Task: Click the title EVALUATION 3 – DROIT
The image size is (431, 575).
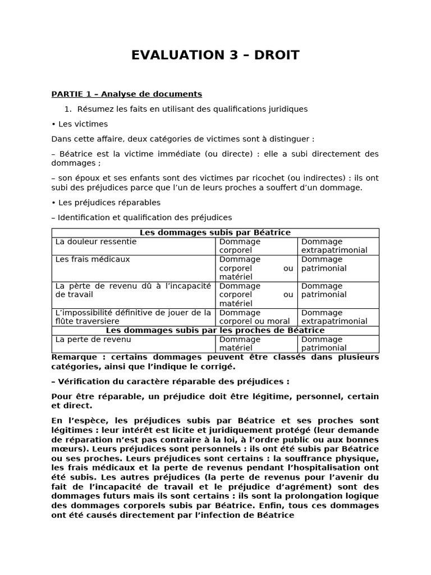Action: (215, 55)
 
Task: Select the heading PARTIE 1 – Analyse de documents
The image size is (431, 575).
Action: (126, 94)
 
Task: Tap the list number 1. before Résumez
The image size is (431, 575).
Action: (70, 109)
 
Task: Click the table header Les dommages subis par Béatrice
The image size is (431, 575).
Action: (215, 232)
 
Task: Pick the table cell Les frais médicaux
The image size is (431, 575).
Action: (93, 259)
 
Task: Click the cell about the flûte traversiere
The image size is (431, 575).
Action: (133, 317)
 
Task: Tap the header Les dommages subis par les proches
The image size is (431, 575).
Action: (215, 330)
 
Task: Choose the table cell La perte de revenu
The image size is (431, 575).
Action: (93, 339)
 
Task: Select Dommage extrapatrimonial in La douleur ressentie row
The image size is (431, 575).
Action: (334, 246)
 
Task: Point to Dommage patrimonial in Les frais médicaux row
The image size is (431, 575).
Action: (324, 264)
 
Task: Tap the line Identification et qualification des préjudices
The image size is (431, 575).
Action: (141, 217)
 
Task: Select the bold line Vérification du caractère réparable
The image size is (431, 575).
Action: (170, 381)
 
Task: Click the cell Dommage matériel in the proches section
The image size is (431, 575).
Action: (240, 344)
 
